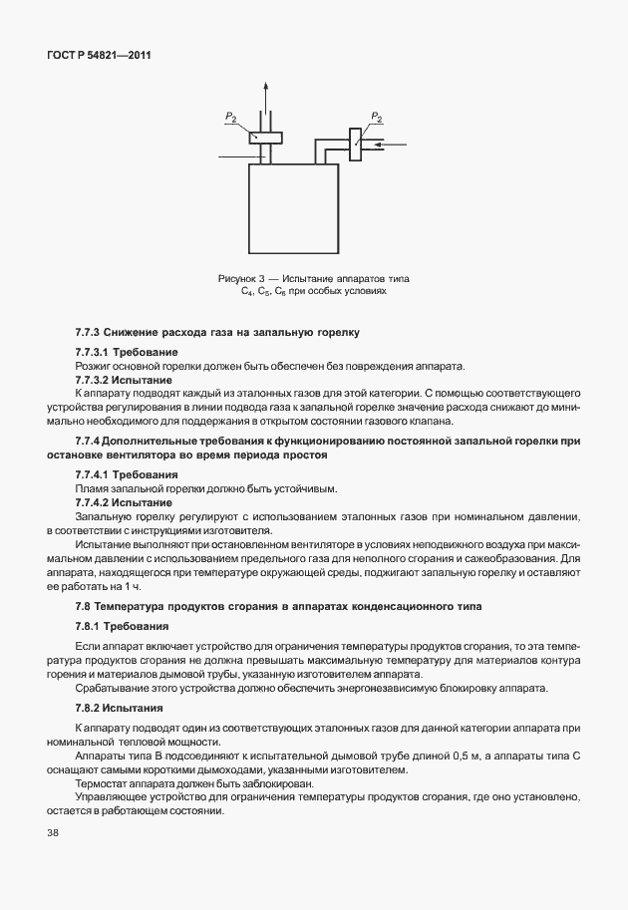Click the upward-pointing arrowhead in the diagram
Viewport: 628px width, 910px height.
tap(265, 88)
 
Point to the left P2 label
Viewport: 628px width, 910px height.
tap(230, 118)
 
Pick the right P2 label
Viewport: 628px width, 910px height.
tap(376, 118)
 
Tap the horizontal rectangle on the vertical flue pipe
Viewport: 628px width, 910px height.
tap(266, 139)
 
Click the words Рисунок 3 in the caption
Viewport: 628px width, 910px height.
tap(239, 278)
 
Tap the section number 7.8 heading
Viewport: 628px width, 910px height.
tap(84, 607)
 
